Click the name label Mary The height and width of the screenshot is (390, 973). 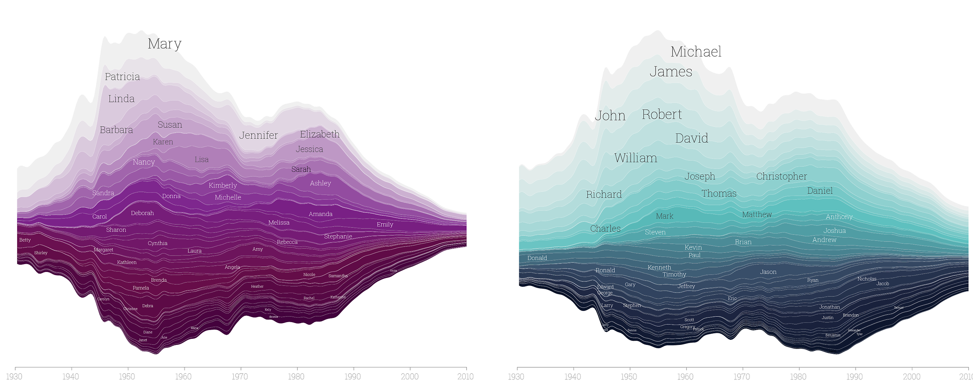pos(164,44)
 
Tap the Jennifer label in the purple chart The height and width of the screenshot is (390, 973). pos(258,135)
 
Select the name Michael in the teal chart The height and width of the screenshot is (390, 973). pos(695,52)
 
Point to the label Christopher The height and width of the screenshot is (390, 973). pos(781,176)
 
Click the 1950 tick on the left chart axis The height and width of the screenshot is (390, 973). pos(127,377)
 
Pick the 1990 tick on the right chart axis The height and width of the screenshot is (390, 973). pos(855,377)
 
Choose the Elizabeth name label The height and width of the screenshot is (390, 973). pos(319,134)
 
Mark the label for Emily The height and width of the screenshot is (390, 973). pos(384,225)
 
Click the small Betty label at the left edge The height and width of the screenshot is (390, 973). pos(25,240)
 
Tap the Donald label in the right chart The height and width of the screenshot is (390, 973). pos(537,258)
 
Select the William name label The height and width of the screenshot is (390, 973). pos(635,158)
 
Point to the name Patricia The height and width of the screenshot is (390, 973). pos(122,77)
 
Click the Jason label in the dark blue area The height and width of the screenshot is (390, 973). pos(768,272)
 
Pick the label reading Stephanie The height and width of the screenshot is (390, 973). pos(338,237)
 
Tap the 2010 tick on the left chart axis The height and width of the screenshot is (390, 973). pos(465,377)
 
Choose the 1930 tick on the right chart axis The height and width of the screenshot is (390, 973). pos(517,377)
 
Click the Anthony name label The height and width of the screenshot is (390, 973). pos(839,217)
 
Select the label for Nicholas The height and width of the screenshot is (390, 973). pos(867,279)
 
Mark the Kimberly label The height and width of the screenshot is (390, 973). pos(223,185)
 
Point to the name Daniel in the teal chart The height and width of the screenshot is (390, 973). pos(820,191)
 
